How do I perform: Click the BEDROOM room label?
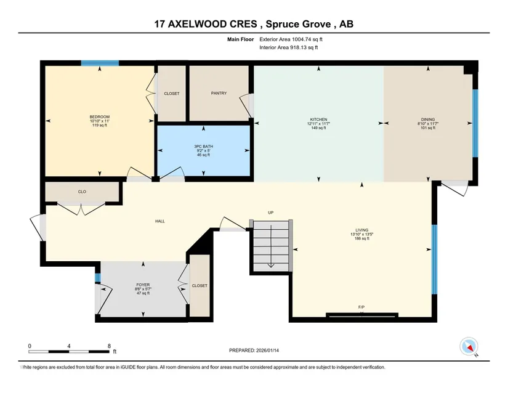[100, 117]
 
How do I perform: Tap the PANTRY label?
[219, 93]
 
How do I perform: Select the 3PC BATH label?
[203, 147]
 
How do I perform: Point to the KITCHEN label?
[318, 120]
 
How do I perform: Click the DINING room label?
[428, 120]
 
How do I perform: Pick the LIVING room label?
[361, 230]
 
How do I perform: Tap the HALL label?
[160, 221]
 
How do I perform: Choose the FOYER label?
[143, 285]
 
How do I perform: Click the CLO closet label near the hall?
[82, 192]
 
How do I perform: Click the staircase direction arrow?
[271, 246]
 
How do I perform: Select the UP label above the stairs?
[270, 213]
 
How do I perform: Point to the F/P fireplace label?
[361, 307]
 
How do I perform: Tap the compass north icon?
[469, 346]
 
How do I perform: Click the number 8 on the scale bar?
[109, 346]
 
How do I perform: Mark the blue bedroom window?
[100, 63]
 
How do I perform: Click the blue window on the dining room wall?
[475, 123]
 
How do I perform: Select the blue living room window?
[435, 259]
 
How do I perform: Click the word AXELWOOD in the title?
[212, 24]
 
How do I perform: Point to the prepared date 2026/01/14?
[267, 350]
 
